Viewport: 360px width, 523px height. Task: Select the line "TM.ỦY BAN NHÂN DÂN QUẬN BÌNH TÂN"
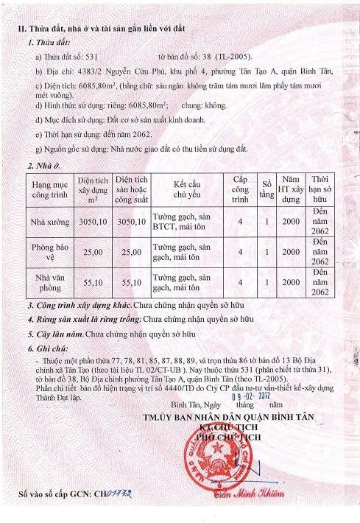point(239,417)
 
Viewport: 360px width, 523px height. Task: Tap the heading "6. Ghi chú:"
point(47,346)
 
